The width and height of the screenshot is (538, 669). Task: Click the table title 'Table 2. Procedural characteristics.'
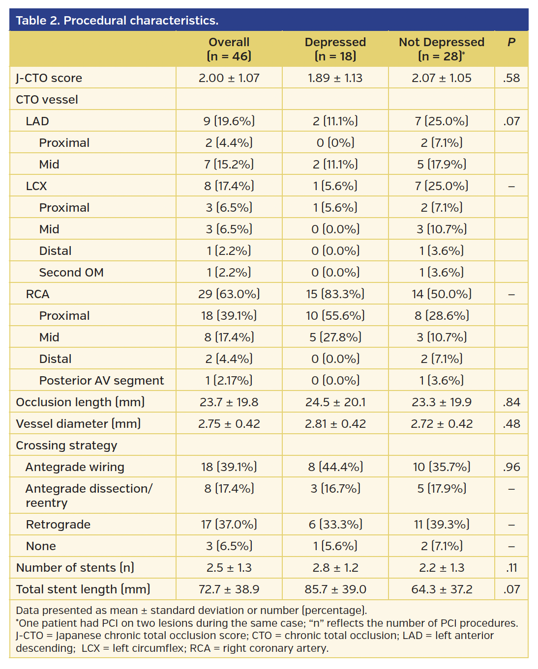point(117,21)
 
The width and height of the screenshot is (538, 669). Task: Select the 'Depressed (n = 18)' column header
point(335,49)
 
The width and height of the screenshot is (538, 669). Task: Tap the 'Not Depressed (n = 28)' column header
point(441,49)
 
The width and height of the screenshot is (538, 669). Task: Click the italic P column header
point(511,42)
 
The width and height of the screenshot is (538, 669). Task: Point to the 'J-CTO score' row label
point(49,78)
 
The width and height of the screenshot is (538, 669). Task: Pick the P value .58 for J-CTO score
point(511,78)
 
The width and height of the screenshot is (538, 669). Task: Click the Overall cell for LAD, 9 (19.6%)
point(229,121)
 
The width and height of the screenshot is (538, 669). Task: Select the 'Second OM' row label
point(71,273)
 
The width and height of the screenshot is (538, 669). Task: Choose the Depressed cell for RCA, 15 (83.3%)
point(335,294)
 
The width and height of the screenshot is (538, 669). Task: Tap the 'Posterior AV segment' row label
point(101,381)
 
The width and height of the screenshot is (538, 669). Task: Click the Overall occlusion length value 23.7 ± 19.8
point(229,402)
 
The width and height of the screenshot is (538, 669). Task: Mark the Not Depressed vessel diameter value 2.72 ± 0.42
point(441,424)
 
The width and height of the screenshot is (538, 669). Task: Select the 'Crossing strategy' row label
point(66,446)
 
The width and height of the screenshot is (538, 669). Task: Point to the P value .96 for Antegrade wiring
point(511,467)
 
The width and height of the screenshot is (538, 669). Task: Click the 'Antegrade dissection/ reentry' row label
point(89,496)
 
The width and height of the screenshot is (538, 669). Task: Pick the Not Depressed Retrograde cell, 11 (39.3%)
point(441,525)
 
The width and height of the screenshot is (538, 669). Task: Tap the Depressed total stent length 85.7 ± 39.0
point(335,589)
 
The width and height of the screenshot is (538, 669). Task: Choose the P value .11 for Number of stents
point(511,568)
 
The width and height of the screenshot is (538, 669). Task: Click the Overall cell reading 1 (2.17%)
point(229,381)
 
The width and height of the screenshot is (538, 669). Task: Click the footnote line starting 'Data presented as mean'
point(191,611)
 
